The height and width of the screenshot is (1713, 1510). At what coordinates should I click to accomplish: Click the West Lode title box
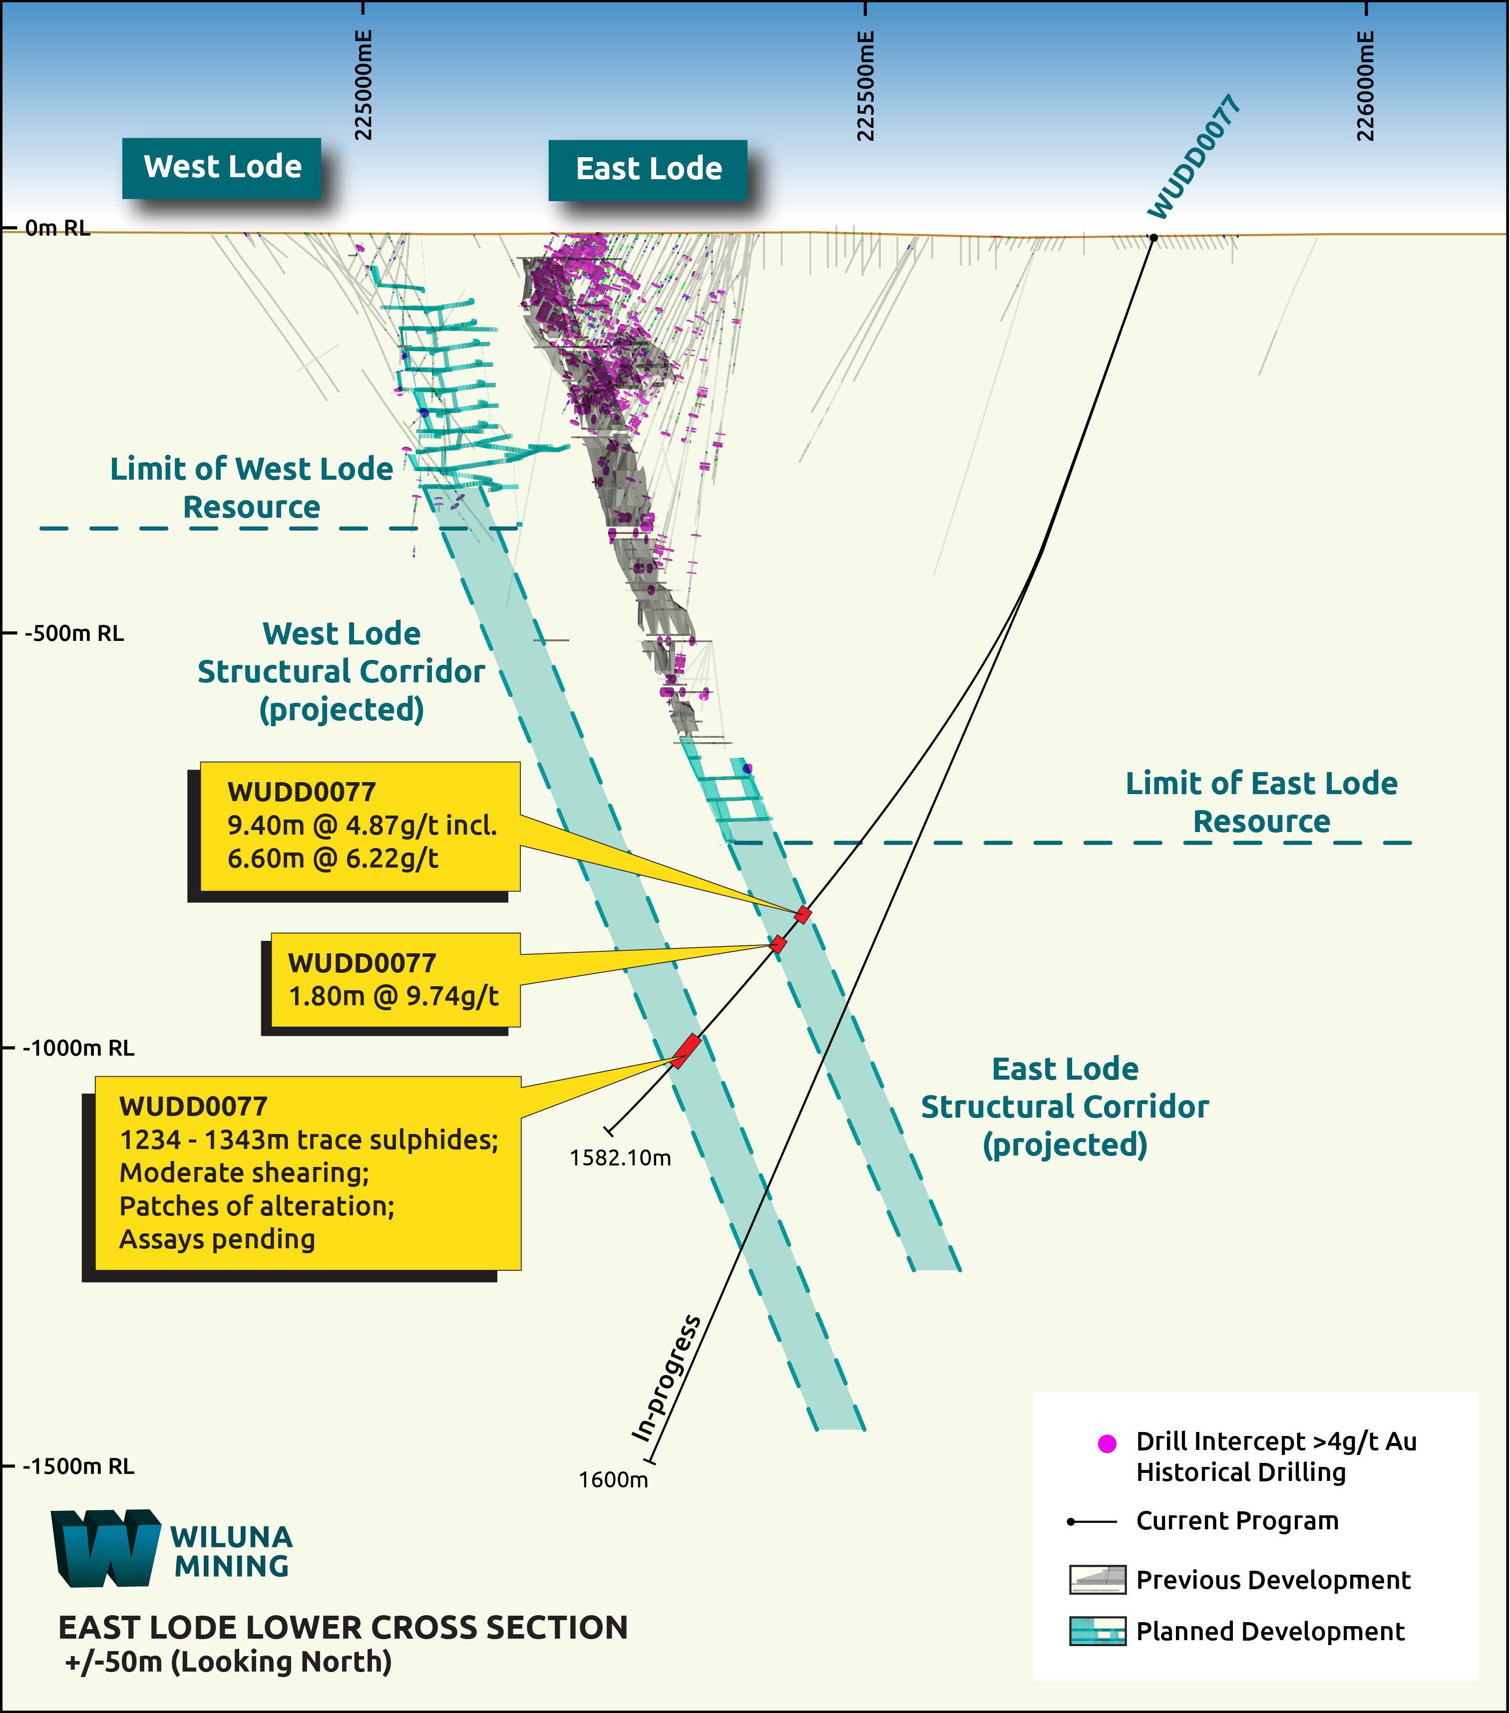pos(222,168)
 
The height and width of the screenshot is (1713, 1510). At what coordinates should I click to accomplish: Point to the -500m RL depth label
pos(74,633)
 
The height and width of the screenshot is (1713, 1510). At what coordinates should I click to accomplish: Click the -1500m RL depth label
pos(78,1466)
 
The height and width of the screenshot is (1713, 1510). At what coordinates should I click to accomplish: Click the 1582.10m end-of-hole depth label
pos(621,1158)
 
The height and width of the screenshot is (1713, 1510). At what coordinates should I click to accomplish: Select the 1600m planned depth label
pos(613,1480)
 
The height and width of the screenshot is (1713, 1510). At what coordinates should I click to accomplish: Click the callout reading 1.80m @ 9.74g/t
pos(393,996)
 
